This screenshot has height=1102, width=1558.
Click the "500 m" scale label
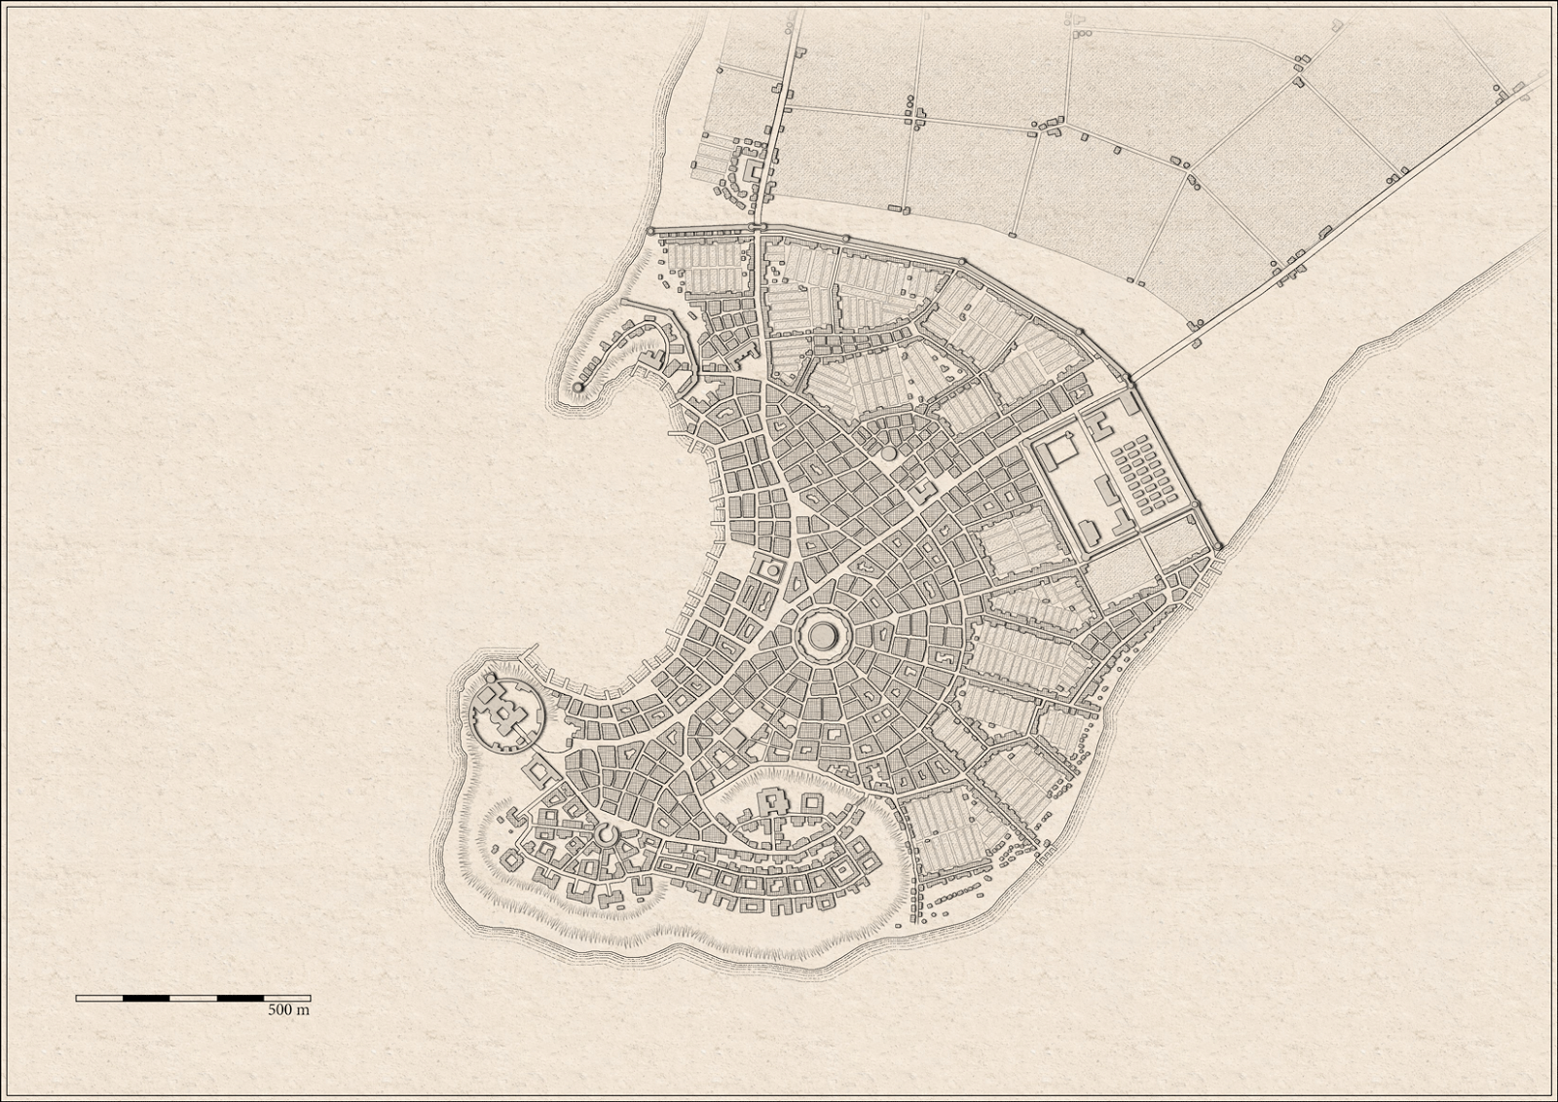288,1010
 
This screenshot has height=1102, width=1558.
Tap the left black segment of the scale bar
146,998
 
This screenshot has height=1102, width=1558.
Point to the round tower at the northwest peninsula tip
578,387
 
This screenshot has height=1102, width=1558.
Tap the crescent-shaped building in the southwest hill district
607,834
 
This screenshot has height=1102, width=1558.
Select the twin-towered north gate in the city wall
759,230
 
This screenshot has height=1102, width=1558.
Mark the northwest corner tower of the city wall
650,231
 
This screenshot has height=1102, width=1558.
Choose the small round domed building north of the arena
888,454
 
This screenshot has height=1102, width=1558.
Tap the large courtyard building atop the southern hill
775,802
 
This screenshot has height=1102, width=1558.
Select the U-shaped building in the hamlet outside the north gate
753,169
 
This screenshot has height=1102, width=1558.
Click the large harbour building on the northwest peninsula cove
650,360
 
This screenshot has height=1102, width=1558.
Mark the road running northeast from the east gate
1315,243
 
